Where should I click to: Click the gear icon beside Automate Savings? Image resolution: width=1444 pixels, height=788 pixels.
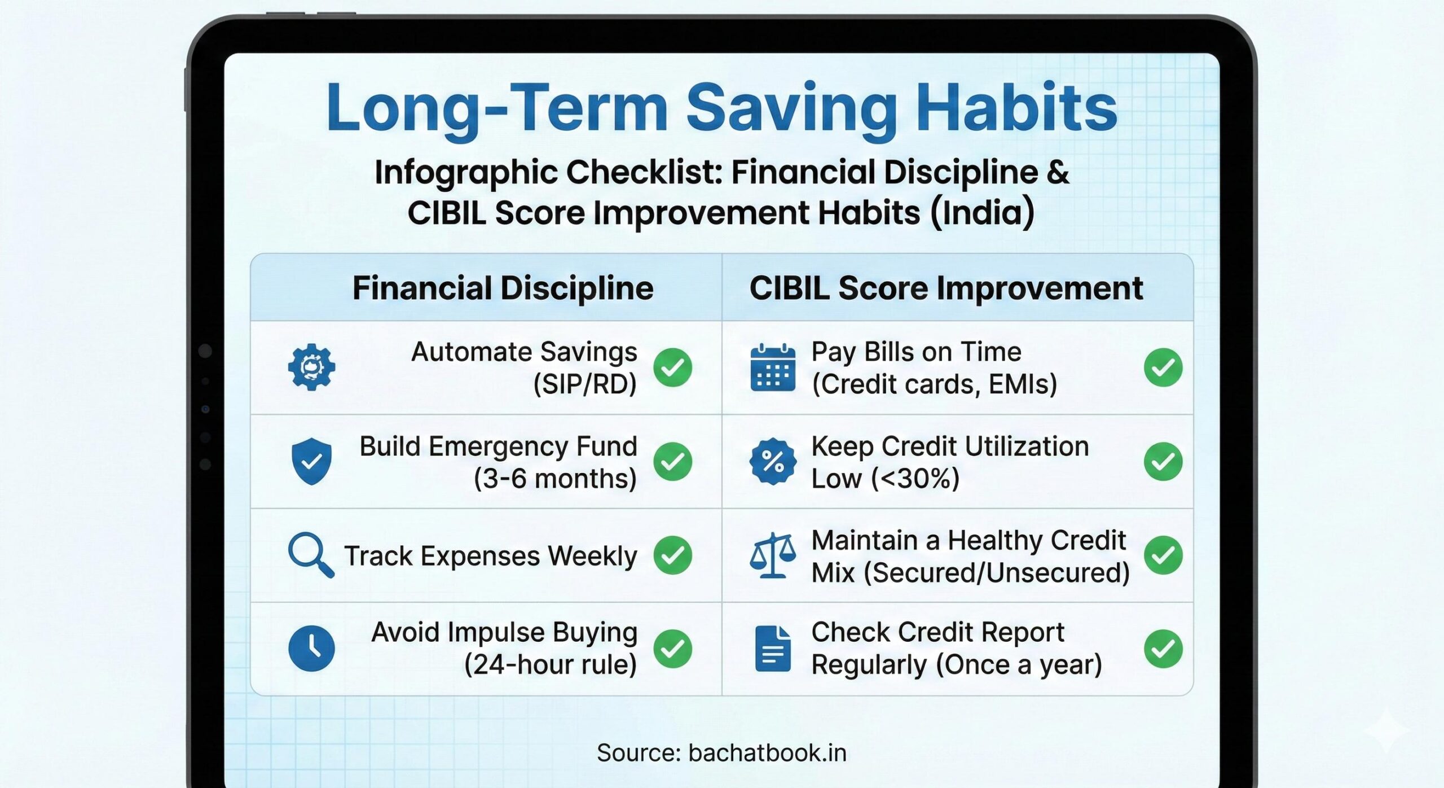pos(311,367)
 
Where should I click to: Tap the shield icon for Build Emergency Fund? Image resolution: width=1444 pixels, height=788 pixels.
pos(311,461)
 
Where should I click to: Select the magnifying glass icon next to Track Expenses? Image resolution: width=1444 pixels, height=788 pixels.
pos(310,554)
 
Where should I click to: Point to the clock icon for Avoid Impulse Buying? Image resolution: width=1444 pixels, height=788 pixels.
pos(311,648)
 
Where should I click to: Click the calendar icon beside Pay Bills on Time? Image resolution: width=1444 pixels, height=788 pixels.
pos(773,367)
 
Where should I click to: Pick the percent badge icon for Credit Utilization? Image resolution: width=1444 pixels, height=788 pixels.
pos(773,461)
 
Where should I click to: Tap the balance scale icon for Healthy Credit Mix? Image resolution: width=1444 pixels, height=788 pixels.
pos(773,555)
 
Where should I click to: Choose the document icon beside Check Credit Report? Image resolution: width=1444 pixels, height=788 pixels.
pos(773,649)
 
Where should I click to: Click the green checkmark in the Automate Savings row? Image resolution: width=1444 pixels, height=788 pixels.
pos(672,367)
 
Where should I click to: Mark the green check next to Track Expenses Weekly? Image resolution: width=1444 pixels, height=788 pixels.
pos(672,555)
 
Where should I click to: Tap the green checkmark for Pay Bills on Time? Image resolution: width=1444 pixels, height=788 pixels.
pos(1163,367)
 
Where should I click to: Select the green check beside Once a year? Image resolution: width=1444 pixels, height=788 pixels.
pos(1163,649)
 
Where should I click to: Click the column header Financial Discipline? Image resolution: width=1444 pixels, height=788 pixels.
pos(503,288)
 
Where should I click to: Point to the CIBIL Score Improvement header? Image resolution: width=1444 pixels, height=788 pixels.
pos(946,288)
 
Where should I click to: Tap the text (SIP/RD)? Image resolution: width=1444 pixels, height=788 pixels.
pos(585,384)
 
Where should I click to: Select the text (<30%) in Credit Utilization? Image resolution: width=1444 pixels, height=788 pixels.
pos(915,479)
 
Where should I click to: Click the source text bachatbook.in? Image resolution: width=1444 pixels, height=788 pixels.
pos(767,753)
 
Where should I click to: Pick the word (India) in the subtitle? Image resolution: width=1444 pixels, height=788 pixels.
pos(982,213)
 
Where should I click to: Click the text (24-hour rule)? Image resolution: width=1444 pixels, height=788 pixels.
pos(550,664)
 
